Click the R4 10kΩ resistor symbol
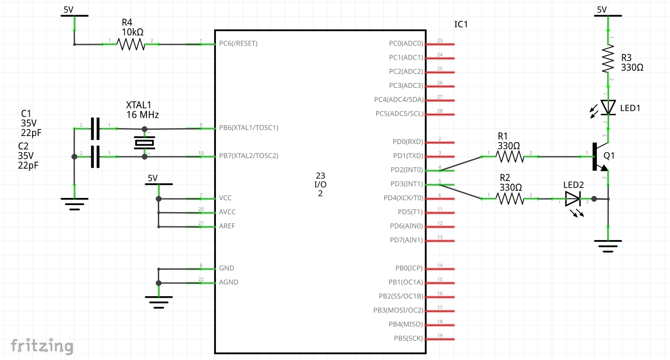pyautogui.click(x=130, y=44)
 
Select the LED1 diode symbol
pyautogui.click(x=608, y=107)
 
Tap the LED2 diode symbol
pyautogui.click(x=573, y=199)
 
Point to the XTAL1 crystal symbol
pyautogui.click(x=144, y=142)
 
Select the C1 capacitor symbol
pyautogui.click(x=95, y=129)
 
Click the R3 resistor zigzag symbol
pyautogui.click(x=608, y=59)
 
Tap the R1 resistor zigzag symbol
pyautogui.click(x=510, y=157)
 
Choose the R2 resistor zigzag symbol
pyautogui.click(x=510, y=199)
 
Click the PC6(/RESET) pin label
pyautogui.click(x=238, y=43)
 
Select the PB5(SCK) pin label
pyautogui.click(x=408, y=338)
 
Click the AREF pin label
pyautogui.click(x=227, y=226)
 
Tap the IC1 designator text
pyautogui.click(x=461, y=24)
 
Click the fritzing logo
pyautogui.click(x=42, y=346)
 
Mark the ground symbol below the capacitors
pyautogui.click(x=74, y=204)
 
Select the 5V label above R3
pyautogui.click(x=601, y=9)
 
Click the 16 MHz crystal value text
pyautogui.click(x=142, y=115)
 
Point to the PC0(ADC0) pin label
pyautogui.click(x=406, y=43)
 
